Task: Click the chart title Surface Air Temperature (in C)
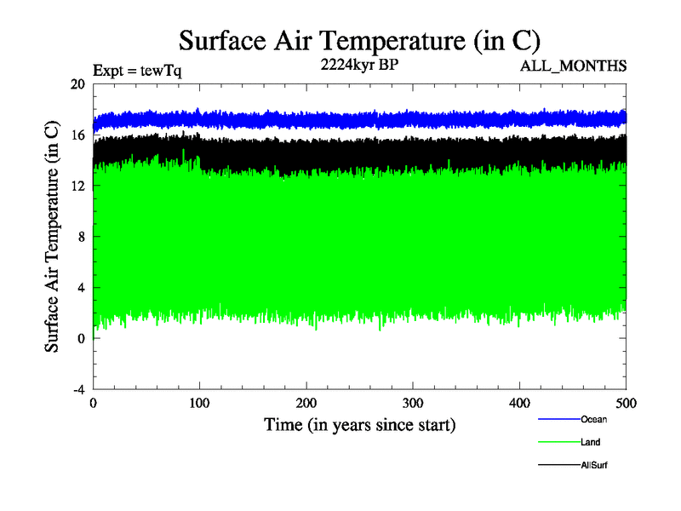pyautogui.click(x=359, y=41)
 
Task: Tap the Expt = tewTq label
pyautogui.click(x=137, y=71)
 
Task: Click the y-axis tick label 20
pyautogui.click(x=77, y=84)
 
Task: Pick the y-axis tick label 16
pyautogui.click(x=77, y=135)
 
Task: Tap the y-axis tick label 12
pyautogui.click(x=77, y=186)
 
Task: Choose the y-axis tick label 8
pyautogui.click(x=81, y=237)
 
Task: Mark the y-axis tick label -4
pyautogui.click(x=78, y=389)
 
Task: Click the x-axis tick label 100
pyautogui.click(x=199, y=403)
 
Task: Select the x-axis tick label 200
pyautogui.click(x=306, y=403)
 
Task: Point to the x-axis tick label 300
pyautogui.click(x=413, y=403)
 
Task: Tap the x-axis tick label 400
pyautogui.click(x=519, y=403)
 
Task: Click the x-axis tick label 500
pyautogui.click(x=626, y=403)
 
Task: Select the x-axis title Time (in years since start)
pyautogui.click(x=359, y=423)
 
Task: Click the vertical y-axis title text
pyautogui.click(x=52, y=237)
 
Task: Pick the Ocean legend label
pyautogui.click(x=593, y=419)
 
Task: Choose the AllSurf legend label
pyautogui.click(x=594, y=465)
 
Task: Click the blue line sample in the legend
pyautogui.click(x=558, y=419)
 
